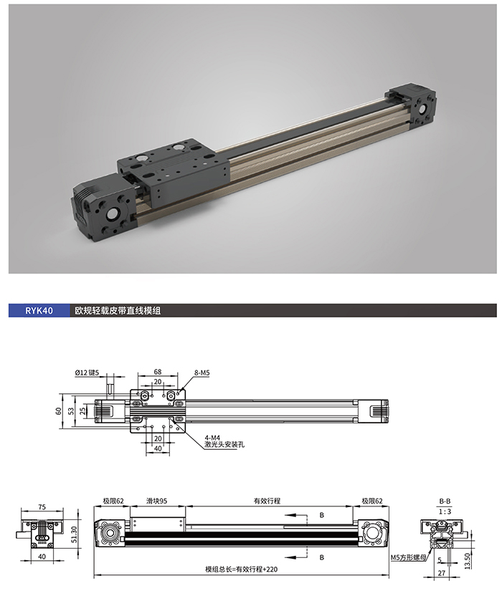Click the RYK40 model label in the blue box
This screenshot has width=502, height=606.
[39, 311]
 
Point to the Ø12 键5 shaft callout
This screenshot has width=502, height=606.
[87, 372]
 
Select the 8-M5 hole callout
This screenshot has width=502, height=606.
[202, 373]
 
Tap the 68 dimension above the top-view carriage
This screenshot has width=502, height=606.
[158, 372]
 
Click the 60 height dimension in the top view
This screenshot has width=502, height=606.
[59, 411]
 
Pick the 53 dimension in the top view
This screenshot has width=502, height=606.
[71, 411]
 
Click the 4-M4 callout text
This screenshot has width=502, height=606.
[212, 438]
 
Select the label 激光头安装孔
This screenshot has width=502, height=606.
[224, 444]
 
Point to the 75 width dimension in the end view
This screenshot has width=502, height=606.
[42, 507]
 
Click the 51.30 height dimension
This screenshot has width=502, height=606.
[75, 535]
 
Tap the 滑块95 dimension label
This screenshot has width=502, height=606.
[157, 501]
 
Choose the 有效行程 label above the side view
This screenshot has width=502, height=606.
[267, 501]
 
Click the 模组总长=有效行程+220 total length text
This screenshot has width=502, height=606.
[241, 569]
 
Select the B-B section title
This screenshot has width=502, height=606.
[445, 501]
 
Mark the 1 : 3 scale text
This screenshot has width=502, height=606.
[445, 511]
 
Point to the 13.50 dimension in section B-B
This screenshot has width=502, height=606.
[467, 561]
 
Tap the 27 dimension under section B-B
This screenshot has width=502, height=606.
[442, 573]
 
